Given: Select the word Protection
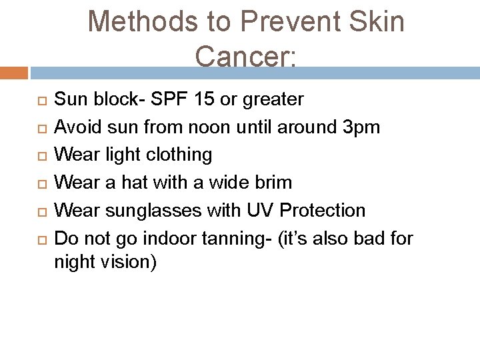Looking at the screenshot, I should tap(323, 211).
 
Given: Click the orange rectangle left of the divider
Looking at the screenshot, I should tap(14, 72).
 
